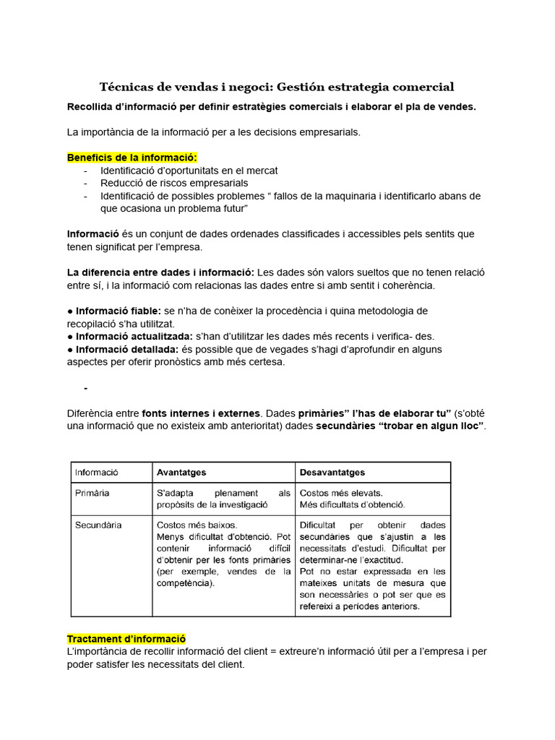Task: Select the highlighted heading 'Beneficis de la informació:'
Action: click(x=132, y=158)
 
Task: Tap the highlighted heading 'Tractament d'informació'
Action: click(x=126, y=639)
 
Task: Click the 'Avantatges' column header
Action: click(x=181, y=473)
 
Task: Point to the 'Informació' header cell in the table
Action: click(x=97, y=473)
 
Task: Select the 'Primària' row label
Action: click(x=92, y=493)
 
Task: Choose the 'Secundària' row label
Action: click(x=98, y=525)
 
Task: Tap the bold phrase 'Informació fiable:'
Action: click(x=118, y=310)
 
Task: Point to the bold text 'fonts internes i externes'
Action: click(x=201, y=413)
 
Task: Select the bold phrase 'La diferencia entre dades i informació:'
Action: click(x=160, y=272)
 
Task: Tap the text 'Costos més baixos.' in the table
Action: click(x=197, y=525)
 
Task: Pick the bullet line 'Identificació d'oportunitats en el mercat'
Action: click(x=189, y=171)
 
